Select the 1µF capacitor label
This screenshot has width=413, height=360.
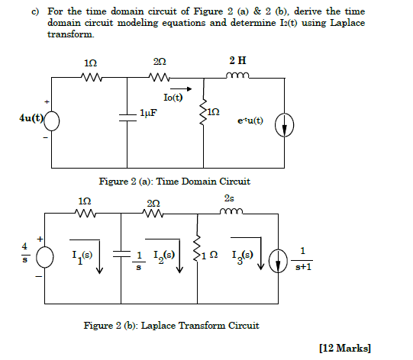(149, 113)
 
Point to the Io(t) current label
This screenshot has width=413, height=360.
(173, 98)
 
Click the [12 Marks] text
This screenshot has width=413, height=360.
(347, 348)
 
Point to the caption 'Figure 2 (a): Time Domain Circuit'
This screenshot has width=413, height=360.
(175, 182)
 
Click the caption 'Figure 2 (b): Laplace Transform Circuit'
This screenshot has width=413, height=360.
(171, 325)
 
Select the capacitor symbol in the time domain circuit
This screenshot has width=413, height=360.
(127, 114)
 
